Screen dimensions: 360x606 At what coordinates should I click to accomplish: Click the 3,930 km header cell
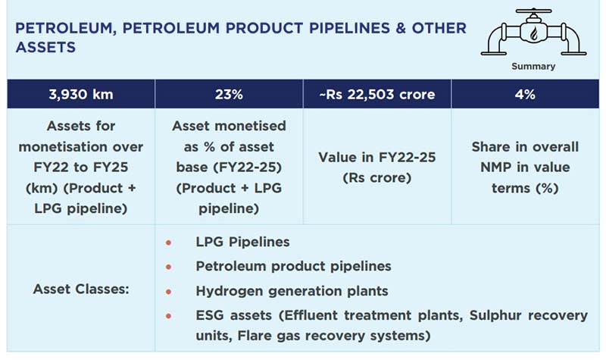click(x=80, y=95)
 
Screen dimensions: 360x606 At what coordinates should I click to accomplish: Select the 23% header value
click(x=228, y=95)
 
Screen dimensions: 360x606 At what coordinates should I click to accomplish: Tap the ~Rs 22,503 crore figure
click(x=376, y=95)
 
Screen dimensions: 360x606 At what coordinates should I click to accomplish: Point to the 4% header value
click(x=525, y=95)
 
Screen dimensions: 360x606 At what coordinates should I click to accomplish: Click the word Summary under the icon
click(x=533, y=67)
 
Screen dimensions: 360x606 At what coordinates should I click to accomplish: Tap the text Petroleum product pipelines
click(x=293, y=266)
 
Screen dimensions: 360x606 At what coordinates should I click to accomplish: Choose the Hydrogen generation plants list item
click(x=292, y=290)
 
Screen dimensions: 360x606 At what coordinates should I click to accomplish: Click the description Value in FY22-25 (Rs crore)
click(x=376, y=167)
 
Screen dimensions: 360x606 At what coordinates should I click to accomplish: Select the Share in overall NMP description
click(x=525, y=167)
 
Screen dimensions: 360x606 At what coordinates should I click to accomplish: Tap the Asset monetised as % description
click(x=228, y=167)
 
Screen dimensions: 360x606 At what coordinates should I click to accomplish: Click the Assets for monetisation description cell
click(x=80, y=167)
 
